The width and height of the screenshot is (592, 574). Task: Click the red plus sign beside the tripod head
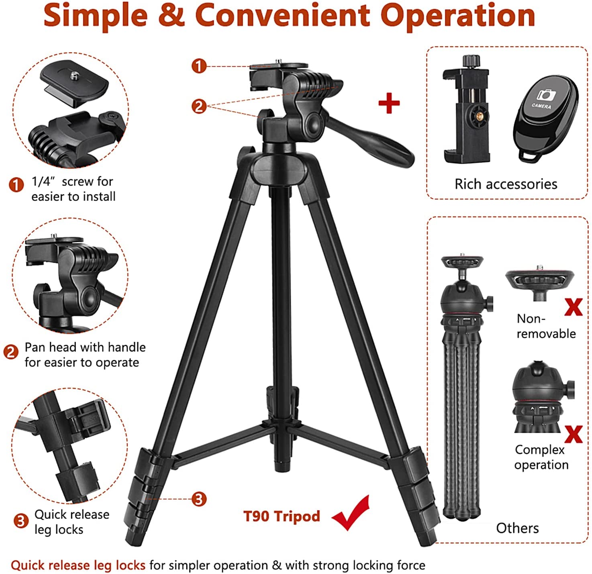point(389,103)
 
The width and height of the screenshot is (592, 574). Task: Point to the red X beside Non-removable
point(574,307)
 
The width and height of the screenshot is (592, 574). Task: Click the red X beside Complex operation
point(574,434)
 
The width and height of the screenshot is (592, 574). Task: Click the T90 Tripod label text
point(282,516)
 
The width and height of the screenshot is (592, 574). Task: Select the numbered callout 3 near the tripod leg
point(199,499)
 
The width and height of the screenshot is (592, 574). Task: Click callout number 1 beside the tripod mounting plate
point(199,66)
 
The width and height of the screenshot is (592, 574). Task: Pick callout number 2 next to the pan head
point(199,106)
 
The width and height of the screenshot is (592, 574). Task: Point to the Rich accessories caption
point(506,184)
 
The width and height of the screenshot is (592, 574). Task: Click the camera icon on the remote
point(546,95)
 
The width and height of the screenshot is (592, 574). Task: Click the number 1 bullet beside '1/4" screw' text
point(16,185)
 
